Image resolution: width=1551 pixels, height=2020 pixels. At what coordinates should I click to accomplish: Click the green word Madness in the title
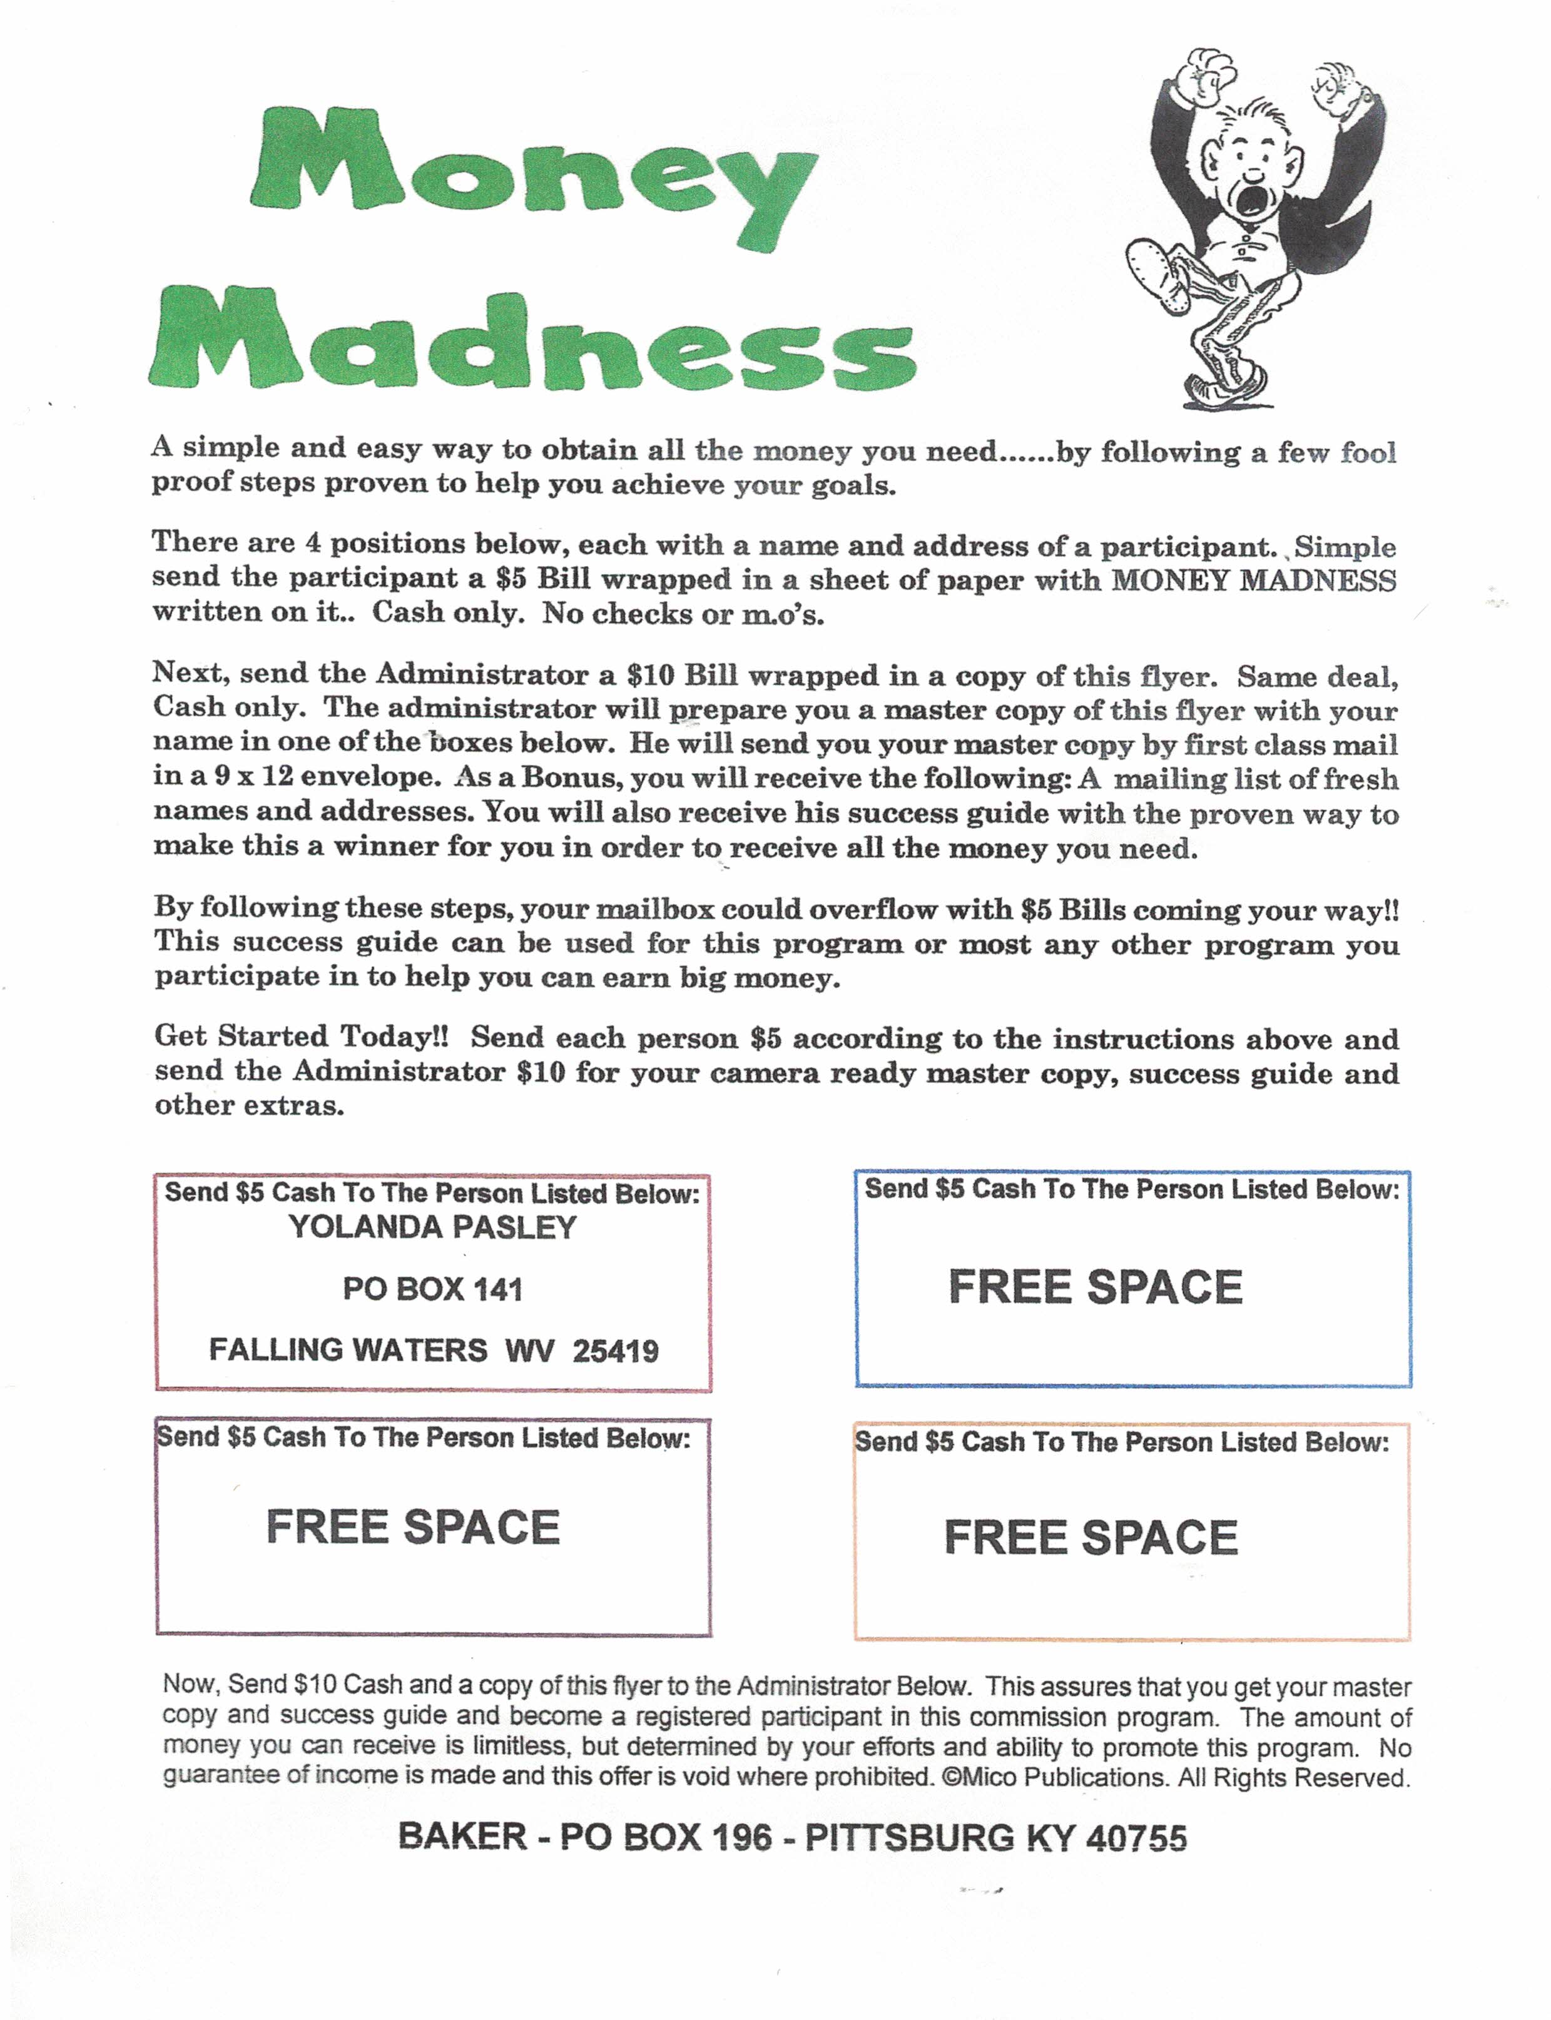tap(532, 341)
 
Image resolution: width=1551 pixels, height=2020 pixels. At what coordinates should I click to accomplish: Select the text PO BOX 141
tap(432, 1289)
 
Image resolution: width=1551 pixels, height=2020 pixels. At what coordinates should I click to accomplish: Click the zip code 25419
tap(615, 1351)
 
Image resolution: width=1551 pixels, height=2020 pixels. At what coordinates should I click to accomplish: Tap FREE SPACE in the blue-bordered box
tap(1095, 1287)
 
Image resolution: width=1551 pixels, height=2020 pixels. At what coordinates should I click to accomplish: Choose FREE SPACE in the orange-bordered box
tap(1091, 1537)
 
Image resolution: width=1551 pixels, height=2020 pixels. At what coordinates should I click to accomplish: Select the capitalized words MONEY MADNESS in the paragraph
tap(1253, 581)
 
